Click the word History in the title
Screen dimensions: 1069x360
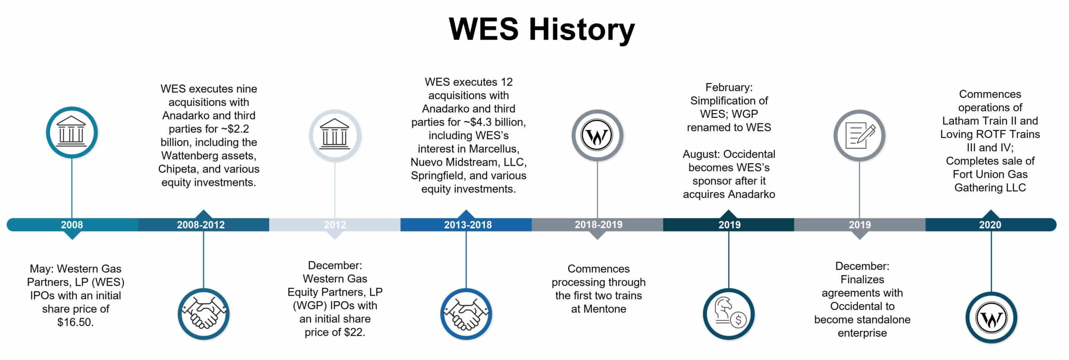[x=582, y=30]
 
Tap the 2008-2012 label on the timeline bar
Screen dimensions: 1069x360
[x=201, y=225]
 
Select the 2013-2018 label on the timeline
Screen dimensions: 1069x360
[x=468, y=225]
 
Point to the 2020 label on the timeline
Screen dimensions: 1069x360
[x=990, y=225]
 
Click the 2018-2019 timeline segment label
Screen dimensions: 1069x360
[x=598, y=225]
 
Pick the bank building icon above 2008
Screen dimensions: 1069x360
[x=72, y=132]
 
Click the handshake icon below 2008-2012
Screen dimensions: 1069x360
[x=204, y=314]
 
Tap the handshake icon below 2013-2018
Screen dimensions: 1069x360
[x=466, y=314]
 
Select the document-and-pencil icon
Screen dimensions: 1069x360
[x=859, y=136]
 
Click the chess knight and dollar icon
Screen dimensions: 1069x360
[x=729, y=314]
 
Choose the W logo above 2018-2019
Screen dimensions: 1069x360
[x=597, y=136]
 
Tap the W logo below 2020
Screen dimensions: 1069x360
[x=991, y=318]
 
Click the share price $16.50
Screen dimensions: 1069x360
[x=76, y=322]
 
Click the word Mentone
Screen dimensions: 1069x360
[x=604, y=309]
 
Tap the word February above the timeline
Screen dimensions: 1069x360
[x=729, y=87]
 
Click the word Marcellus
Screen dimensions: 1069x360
[x=494, y=149]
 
